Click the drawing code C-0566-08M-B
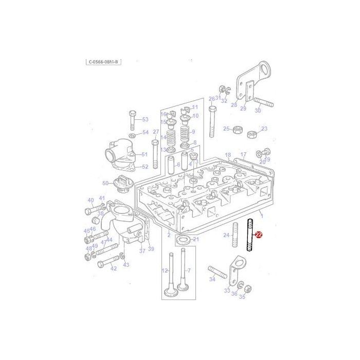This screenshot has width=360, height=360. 103,62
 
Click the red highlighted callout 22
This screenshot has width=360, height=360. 259,235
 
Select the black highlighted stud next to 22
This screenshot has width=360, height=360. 250,235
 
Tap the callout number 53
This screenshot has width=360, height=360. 145,119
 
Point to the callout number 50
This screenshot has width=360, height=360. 105,183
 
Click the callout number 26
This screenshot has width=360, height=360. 211,99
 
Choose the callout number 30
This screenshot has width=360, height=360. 258,111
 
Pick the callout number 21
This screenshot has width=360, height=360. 195,239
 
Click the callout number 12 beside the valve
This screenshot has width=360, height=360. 165,271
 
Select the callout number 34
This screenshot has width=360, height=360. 212,280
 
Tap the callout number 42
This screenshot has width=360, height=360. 114,268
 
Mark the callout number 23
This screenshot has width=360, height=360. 264,129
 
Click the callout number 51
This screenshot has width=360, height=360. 145,154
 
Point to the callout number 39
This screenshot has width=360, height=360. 151,249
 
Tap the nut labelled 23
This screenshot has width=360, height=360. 253,134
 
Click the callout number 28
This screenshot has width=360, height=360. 234,105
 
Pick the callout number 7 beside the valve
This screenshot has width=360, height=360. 189,271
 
